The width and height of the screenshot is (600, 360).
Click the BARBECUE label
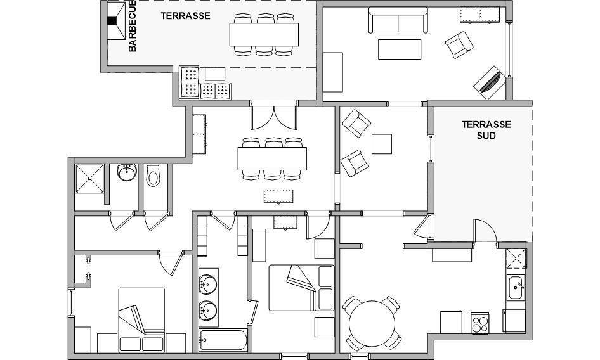point(132,26)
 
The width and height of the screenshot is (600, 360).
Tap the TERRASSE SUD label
point(486,130)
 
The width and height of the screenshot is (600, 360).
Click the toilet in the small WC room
point(153,176)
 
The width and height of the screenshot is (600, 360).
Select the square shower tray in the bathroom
point(89,179)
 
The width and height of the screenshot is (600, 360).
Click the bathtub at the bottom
point(223,340)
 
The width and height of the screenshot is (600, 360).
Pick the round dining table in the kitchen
point(372,324)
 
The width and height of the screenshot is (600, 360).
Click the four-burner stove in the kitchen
point(480,323)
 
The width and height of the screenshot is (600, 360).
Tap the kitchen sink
point(516,287)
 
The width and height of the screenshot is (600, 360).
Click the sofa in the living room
point(398,20)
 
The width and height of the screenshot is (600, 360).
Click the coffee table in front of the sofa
point(400,49)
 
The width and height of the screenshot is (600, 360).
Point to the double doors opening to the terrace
point(273,115)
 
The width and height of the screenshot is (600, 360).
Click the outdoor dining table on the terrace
point(264,34)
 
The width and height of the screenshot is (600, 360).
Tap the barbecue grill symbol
point(116,21)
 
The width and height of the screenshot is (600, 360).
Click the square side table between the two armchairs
point(382,144)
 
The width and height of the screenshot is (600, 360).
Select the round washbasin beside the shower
point(127,172)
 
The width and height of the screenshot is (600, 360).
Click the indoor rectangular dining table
point(272,158)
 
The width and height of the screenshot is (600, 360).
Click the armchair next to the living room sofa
point(459,45)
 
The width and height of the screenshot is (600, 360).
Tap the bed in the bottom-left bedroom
point(141,320)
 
